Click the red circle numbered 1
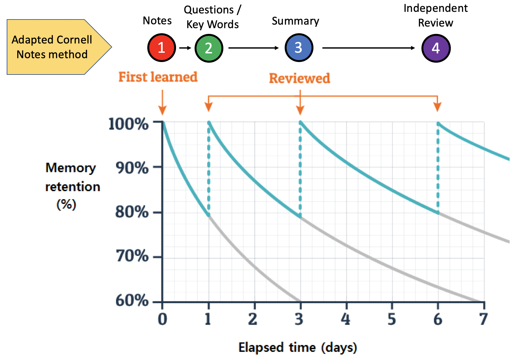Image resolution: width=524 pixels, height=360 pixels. pyautogui.click(x=162, y=48)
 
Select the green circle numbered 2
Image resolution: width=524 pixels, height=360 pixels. pyautogui.click(x=209, y=48)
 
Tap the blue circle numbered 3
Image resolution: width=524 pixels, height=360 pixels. pyautogui.click(x=299, y=48)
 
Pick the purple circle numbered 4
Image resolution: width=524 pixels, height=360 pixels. pyautogui.click(x=436, y=48)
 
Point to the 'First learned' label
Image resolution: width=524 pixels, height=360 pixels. pyautogui.click(x=158, y=77)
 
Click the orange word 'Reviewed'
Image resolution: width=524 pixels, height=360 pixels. pyautogui.click(x=299, y=78)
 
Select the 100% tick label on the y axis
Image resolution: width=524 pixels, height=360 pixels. pyautogui.click(x=128, y=124)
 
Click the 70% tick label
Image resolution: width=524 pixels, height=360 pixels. pyautogui.click(x=132, y=256)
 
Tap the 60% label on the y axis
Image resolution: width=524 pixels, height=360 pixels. pyautogui.click(x=132, y=300)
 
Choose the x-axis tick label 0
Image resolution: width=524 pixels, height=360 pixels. pyautogui.click(x=162, y=319)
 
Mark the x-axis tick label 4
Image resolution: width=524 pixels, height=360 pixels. pyautogui.click(x=345, y=319)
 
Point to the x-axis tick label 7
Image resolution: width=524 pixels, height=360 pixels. pyautogui.click(x=483, y=319)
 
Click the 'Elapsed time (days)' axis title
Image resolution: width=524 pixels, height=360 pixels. pyautogui.click(x=297, y=347)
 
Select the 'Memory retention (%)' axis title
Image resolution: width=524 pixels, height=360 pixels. pyautogui.click(x=72, y=186)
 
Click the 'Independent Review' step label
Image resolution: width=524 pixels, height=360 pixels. pyautogui.click(x=435, y=15)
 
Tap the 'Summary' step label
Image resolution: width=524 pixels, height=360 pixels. pyautogui.click(x=295, y=21)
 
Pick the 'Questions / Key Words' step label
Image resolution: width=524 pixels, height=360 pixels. pyautogui.click(x=212, y=17)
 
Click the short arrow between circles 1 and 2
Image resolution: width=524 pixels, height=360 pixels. pyautogui.click(x=185, y=48)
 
